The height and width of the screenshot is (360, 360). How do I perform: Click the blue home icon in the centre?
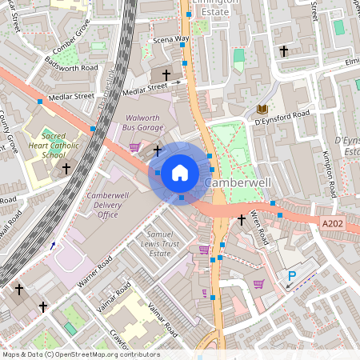[180, 172]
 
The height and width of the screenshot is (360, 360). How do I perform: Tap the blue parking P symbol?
[292, 276]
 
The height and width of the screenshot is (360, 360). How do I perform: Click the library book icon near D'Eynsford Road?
[262, 109]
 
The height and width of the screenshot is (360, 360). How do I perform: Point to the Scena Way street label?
[171, 38]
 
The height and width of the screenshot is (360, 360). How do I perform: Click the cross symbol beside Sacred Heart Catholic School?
[66, 169]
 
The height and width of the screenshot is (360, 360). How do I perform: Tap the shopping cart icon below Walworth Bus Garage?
[134, 146]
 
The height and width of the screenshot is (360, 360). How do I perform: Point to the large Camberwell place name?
[238, 183]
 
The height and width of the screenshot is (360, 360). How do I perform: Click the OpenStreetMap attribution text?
[80, 354]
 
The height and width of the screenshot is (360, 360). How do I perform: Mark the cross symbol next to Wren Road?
[242, 219]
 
